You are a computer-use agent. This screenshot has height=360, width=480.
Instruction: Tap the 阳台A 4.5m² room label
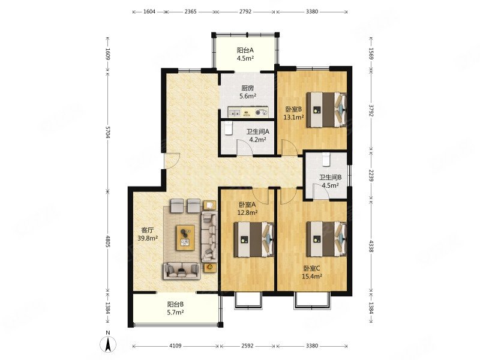[245, 54]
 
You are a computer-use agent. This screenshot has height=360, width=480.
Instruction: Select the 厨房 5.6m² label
[247, 92]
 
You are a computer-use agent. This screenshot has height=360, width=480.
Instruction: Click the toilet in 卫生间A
[229, 128]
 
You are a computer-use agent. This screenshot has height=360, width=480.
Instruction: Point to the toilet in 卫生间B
[326, 158]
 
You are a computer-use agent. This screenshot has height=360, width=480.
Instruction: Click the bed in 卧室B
[326, 109]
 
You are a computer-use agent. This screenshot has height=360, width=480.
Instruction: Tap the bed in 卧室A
[254, 239]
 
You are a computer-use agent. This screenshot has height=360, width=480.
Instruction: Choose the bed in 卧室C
[326, 239]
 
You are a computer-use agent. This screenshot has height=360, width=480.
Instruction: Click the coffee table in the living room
[185, 238]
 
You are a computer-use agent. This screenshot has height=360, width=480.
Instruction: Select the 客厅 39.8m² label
[148, 234]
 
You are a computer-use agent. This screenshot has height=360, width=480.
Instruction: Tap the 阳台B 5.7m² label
[175, 308]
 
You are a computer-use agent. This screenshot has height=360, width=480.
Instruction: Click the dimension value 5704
[107, 132]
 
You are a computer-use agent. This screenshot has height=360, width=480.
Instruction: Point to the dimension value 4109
[175, 346]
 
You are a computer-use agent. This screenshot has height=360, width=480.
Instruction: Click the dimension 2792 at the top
[245, 11]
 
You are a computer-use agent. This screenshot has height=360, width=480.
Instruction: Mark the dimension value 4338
[371, 246]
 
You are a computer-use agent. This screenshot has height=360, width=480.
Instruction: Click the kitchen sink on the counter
[235, 112]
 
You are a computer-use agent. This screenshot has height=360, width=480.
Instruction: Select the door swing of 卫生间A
[244, 147]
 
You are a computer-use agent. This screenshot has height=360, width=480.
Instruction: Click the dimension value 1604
[149, 11]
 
